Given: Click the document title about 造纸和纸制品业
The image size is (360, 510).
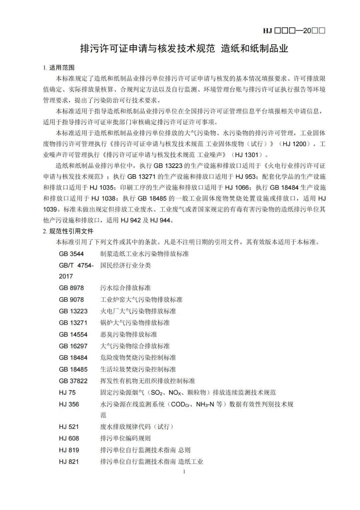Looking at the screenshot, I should tap(184, 48).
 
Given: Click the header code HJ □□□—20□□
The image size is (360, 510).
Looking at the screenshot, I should tap(294, 31).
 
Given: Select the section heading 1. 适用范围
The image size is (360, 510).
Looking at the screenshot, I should tap(59, 68).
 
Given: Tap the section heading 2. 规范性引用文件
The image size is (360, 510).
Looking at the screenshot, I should tap(68, 231).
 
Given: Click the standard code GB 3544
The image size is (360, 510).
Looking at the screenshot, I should tap(71, 254).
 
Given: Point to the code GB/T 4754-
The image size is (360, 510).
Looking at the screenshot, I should tap(76, 266).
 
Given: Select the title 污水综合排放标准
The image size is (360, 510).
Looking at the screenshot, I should tap(125, 288).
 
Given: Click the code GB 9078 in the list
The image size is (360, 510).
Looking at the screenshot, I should tap(71, 300).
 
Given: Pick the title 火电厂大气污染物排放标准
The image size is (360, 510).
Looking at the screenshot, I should tap(138, 311).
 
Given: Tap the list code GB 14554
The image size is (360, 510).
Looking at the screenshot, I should tap(73, 334).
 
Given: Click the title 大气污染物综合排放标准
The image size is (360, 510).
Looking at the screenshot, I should tap(135, 346).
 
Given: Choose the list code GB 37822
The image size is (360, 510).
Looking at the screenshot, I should tap(73, 381).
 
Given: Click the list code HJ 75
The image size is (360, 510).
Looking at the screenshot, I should tap(67, 392).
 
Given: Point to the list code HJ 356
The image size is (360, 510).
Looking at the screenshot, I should tap(69, 404).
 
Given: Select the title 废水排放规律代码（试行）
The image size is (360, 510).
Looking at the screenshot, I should tap(137, 427).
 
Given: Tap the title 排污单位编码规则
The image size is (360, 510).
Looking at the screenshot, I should tap(125, 438).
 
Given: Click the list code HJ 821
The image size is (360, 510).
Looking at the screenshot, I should tap(69, 462).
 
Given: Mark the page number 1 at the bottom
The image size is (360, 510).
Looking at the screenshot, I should tap(184, 472).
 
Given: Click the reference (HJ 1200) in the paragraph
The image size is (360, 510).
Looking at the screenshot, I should tap(296, 144).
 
